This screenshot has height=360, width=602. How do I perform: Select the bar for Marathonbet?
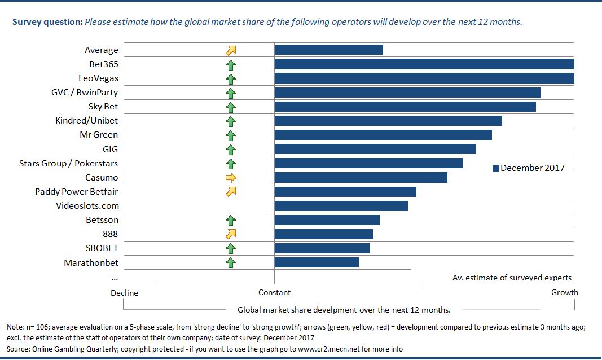pyautogui.click(x=317, y=262)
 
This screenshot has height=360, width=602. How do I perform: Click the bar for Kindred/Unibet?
pyautogui.click(x=388, y=121)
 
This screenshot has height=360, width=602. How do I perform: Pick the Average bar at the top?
pyautogui.click(x=328, y=50)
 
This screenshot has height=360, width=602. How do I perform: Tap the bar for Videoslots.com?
pyautogui.click(x=341, y=206)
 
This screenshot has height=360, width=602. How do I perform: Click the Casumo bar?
pyautogui.click(x=361, y=178)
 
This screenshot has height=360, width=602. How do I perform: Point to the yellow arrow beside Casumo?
pyautogui.click(x=230, y=178)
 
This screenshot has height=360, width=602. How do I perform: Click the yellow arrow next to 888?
pyautogui.click(x=230, y=234)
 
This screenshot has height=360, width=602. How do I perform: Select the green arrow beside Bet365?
pyautogui.click(x=230, y=64)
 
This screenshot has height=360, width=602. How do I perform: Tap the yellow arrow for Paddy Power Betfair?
pyautogui.click(x=230, y=192)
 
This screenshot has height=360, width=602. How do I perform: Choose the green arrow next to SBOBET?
pyautogui.click(x=230, y=248)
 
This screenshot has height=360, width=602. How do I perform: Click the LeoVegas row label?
pyautogui.click(x=99, y=78)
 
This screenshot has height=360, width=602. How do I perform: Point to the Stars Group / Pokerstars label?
pyautogui.click(x=69, y=164)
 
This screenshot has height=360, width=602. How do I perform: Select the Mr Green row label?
pyautogui.click(x=99, y=135)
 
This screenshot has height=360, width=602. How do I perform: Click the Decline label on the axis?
pyautogui.click(x=124, y=293)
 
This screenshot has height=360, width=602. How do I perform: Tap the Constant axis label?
pyautogui.click(x=274, y=292)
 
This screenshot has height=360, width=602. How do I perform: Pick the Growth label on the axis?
pyautogui.click(x=564, y=292)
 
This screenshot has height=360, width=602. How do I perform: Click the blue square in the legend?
pyautogui.click(x=496, y=168)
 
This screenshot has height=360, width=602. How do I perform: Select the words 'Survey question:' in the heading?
pyautogui.click(x=47, y=23)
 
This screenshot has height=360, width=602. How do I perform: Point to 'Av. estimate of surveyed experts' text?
pyautogui.click(x=512, y=278)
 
